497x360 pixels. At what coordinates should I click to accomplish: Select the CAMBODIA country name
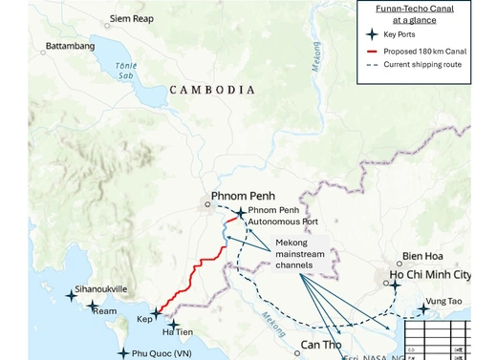tap(212, 89)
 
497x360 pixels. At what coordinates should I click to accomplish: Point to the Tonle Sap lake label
tap(126, 71)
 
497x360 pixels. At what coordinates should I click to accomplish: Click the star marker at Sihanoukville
tap(71, 296)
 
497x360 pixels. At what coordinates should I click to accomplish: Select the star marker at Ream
tap(93, 307)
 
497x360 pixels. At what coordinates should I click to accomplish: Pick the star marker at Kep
tap(156, 313)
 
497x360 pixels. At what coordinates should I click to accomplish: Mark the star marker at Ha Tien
tap(173, 326)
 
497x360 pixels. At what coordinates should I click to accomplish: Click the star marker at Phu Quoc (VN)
tap(122, 353)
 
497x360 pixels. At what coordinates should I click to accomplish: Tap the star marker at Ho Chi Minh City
tap(394, 285)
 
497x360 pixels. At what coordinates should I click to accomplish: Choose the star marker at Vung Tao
tap(422, 309)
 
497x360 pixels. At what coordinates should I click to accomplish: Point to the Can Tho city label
tap(325, 344)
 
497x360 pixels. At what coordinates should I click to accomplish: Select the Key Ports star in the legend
tap(372, 34)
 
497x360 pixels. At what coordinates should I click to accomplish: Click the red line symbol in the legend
tap(372, 50)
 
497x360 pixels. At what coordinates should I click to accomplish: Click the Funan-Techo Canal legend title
tap(413, 13)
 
